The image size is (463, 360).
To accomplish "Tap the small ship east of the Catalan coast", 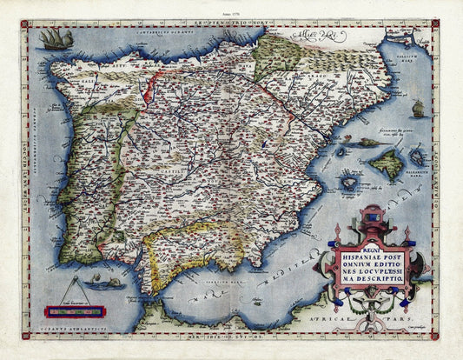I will pos(418,109).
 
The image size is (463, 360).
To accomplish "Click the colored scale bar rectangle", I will pos(75,310).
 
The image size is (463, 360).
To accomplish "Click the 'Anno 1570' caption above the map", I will pos(231,13).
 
